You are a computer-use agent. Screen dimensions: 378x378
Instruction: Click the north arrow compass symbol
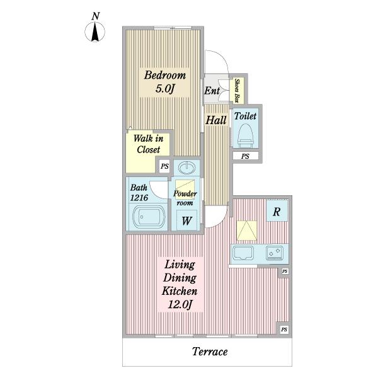coord(95,31)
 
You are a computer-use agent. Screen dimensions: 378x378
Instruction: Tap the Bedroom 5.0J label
coord(165,82)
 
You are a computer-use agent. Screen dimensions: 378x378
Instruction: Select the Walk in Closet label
coord(148,144)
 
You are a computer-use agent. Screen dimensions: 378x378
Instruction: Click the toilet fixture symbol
coord(246,135)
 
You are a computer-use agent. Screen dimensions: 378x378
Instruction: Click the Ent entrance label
coord(212,91)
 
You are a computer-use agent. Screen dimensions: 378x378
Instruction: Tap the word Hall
coord(215,120)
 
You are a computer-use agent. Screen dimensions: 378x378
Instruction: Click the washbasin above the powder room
coord(187,168)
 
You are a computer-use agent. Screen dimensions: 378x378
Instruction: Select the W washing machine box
coord(187,220)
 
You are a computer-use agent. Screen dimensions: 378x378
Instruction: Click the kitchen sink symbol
coord(243,253)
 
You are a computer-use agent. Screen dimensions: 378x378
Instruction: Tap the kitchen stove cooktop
coord(274,253)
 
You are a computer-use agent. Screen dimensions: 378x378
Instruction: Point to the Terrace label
coord(210,352)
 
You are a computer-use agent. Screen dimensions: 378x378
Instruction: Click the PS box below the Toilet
coord(246,156)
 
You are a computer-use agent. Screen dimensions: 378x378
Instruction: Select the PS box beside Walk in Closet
coord(164,166)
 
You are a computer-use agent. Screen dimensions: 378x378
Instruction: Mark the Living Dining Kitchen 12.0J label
coord(180,285)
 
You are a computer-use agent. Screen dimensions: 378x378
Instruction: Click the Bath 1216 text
coord(139,193)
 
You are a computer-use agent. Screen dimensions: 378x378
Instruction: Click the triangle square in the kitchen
coord(246,231)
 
